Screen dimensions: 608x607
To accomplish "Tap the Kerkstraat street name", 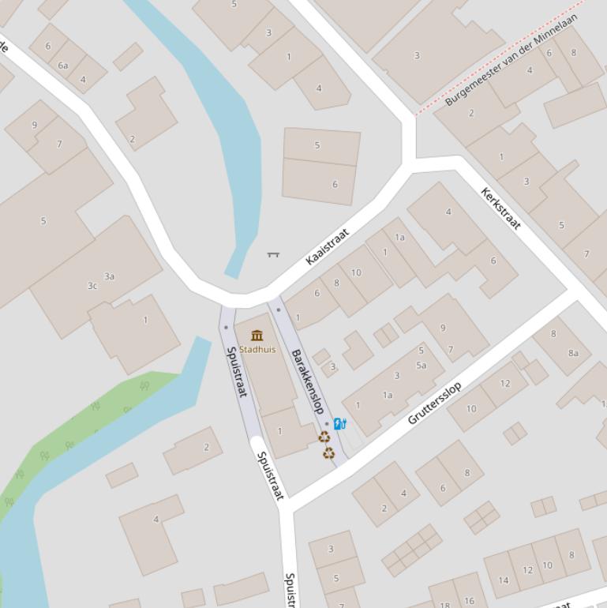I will tap(501, 208).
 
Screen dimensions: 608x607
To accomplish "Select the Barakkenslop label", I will tap(308, 381).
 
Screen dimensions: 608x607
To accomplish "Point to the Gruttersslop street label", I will tap(434, 403).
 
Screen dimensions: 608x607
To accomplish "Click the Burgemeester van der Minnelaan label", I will tap(511, 59).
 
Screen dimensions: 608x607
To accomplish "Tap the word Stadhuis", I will tap(257, 349).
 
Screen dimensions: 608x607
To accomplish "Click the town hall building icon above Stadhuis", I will tap(257, 336).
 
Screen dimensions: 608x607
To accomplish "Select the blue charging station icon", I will tap(339, 424).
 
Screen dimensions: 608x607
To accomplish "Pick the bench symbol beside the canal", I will tap(273, 254).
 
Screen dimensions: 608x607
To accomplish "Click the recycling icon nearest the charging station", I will tap(324, 437).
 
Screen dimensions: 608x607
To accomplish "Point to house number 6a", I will tap(63, 66).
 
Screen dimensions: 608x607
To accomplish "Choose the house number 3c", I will tap(92, 286).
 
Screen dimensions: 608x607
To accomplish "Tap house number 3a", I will tap(110, 276).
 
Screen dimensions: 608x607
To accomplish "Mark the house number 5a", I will tap(422, 365).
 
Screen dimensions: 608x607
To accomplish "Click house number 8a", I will tap(574, 353).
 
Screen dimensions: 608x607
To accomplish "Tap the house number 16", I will tap(470, 601).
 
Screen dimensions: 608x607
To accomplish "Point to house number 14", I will tap(504, 580).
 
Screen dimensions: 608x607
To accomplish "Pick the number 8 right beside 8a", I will tap(553, 334).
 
